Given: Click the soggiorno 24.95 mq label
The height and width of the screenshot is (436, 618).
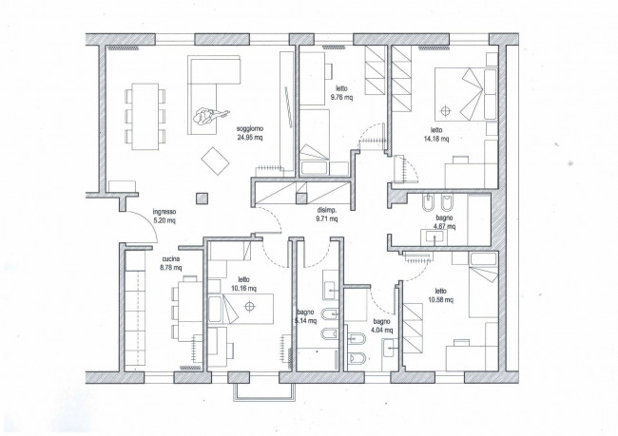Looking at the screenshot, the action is tap(250, 133).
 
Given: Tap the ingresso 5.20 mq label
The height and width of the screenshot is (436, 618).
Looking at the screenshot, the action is tap(164, 217).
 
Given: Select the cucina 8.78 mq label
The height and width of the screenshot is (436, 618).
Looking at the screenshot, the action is tap(171, 263).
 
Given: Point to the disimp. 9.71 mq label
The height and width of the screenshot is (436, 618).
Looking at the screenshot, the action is tap(327, 215).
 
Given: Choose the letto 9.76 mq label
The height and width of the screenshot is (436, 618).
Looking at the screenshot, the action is tap(341, 93).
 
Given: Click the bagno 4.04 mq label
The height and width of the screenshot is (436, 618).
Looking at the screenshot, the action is tap(381, 326).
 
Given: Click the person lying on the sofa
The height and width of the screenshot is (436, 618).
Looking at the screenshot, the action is tap(210, 116).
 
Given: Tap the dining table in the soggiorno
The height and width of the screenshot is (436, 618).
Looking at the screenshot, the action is tap(145, 117).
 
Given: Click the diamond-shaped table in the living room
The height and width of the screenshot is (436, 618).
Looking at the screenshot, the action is tap(215, 161).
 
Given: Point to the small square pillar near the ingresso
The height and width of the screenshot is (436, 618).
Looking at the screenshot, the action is tap(202, 199).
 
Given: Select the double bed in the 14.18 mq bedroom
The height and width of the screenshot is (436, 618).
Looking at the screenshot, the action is tap(466, 95).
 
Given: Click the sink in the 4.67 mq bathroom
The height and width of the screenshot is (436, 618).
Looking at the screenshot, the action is tap(435, 237).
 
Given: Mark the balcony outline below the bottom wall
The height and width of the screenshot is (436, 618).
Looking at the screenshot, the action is tap(264, 392).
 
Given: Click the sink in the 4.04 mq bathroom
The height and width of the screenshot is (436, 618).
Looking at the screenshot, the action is tap(389, 348).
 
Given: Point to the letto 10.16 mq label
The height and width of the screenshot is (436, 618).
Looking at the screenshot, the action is tap(244, 284).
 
